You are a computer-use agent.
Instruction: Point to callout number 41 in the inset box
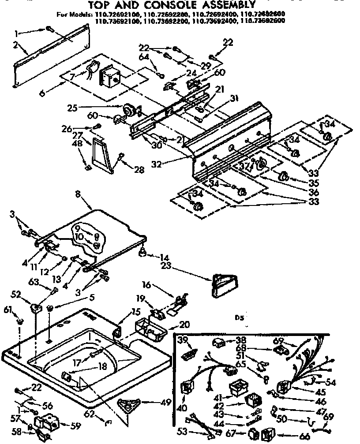pyautogui.click(x=217, y=397)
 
